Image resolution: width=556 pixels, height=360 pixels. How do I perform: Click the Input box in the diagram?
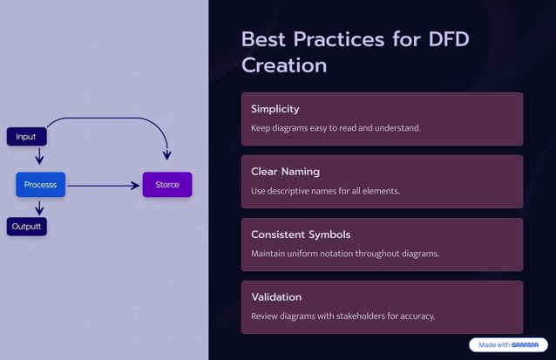(x=26, y=137)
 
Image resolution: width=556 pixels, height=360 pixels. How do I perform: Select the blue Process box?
(x=40, y=185)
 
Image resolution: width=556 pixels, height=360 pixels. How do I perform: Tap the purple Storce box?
(x=167, y=185)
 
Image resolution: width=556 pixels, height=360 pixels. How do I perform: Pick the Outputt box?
(x=26, y=227)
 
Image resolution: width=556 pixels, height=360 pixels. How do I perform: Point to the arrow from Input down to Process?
(x=39, y=156)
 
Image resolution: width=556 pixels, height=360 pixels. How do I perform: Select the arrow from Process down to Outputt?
(x=39, y=207)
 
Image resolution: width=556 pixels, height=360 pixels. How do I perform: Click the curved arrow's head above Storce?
(x=166, y=154)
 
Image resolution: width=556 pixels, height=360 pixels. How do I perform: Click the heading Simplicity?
(x=275, y=109)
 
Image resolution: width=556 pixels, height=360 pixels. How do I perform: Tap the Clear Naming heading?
(x=285, y=172)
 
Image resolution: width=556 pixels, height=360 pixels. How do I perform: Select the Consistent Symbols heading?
(x=301, y=234)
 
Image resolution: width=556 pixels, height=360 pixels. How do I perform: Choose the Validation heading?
(x=276, y=297)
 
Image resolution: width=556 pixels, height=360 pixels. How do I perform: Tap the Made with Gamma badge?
(x=508, y=345)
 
